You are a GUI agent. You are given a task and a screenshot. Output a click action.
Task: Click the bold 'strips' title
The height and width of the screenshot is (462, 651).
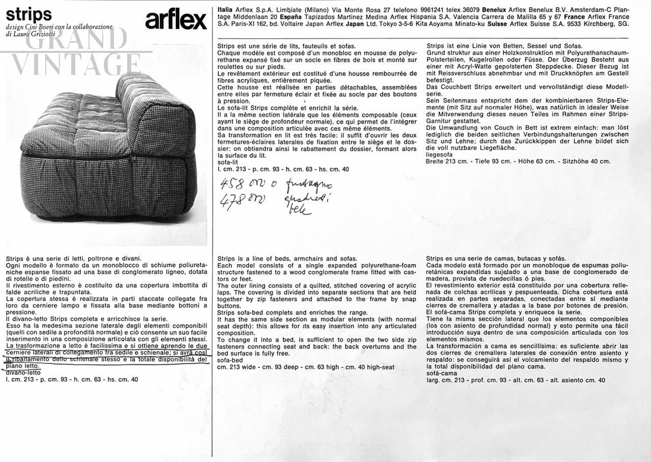point(29,14)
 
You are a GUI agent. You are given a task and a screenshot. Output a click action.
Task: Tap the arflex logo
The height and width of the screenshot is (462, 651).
point(176,20)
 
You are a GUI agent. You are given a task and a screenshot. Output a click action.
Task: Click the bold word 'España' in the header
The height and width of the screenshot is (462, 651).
point(289,17)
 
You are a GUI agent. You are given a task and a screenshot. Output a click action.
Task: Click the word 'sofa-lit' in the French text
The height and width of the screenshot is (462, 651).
point(228,162)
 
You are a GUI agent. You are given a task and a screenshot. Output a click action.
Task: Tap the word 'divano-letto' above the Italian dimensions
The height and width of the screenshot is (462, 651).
point(23,372)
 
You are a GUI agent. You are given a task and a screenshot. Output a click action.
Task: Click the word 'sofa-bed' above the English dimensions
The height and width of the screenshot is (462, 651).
point(230,360)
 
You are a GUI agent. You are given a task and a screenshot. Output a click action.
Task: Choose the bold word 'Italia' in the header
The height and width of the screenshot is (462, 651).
point(226,10)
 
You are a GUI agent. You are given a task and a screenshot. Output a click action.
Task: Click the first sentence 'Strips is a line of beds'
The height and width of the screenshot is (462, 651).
point(287,258)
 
